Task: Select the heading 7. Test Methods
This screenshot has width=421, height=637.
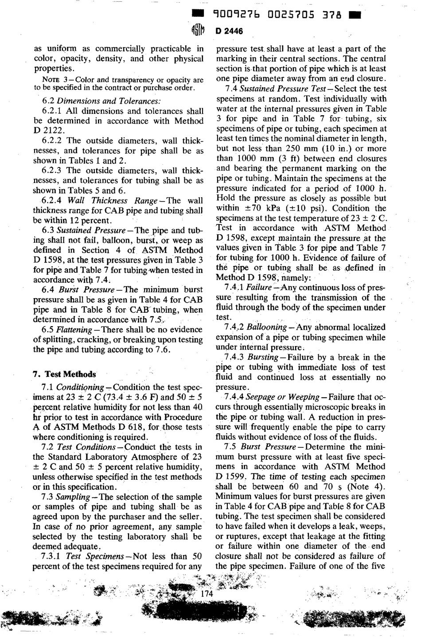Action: [x=65, y=374]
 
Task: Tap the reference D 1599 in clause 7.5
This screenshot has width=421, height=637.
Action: [x=231, y=477]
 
